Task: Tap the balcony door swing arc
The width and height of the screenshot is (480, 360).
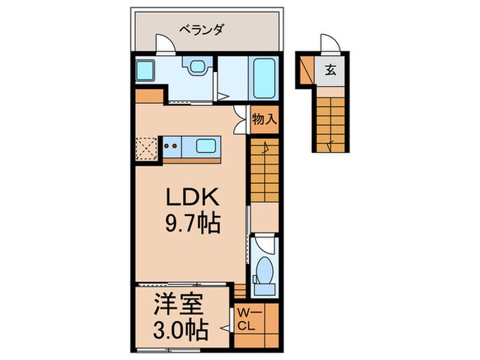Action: pyautogui.click(x=165, y=43)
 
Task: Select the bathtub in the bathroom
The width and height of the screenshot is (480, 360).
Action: pyautogui.click(x=264, y=78)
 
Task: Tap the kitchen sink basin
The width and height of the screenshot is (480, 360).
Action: pyautogui.click(x=208, y=145)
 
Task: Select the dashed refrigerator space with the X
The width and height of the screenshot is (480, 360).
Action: pyautogui.click(x=147, y=148)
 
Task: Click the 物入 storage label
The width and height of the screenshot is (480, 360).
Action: pyautogui.click(x=264, y=119)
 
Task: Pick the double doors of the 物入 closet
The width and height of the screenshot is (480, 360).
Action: pyautogui.click(x=239, y=119)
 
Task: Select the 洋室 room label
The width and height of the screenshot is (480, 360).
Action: pyautogui.click(x=181, y=304)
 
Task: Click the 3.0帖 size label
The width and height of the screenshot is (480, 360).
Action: pyautogui.click(x=181, y=331)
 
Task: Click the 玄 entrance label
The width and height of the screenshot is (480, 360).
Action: pyautogui.click(x=331, y=70)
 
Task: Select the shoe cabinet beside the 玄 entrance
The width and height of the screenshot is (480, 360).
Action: pyautogui.click(x=306, y=69)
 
